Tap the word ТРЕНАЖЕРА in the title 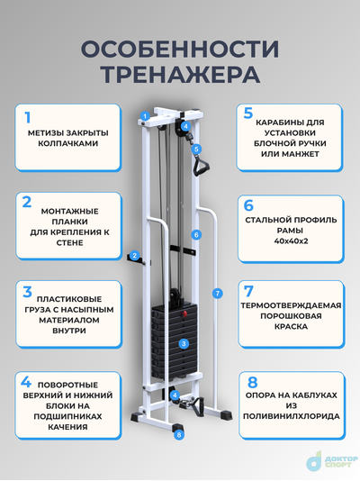(x=179, y=73)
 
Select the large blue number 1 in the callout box (x=27, y=117)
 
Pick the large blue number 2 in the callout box (x=28, y=202)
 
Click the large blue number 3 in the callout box (x=28, y=292)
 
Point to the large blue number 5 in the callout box (x=248, y=113)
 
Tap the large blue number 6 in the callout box (x=248, y=205)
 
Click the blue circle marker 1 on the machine (x=144, y=116)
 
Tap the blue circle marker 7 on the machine (x=216, y=293)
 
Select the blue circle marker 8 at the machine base (x=179, y=434)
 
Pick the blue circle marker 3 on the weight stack (x=183, y=343)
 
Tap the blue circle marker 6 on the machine (x=194, y=234)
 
